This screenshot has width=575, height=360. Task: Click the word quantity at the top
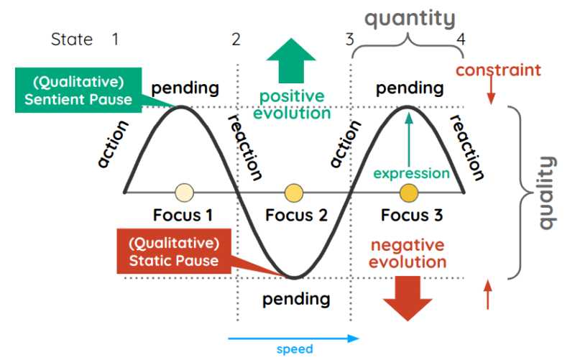pyautogui.click(x=409, y=18)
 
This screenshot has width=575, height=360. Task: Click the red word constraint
pyautogui.click(x=498, y=70)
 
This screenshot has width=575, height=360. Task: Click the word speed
pyautogui.click(x=295, y=349)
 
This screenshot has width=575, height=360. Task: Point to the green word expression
pyautogui.click(x=411, y=173)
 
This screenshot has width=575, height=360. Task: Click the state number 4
pyautogui.click(x=461, y=40)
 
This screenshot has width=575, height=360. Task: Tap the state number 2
pyautogui.click(x=236, y=40)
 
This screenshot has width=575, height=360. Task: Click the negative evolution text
pyautogui.click(x=407, y=253)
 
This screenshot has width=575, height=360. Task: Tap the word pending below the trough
pyautogui.click(x=296, y=298)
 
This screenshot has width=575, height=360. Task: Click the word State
pyautogui.click(x=72, y=40)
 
